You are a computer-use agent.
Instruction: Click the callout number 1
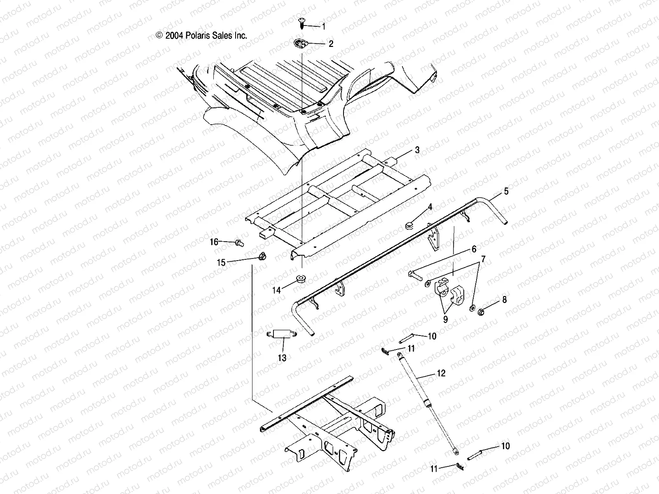tap(323, 27)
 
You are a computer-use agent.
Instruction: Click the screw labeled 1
tap(301, 23)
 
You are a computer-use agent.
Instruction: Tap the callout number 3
tap(417, 150)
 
